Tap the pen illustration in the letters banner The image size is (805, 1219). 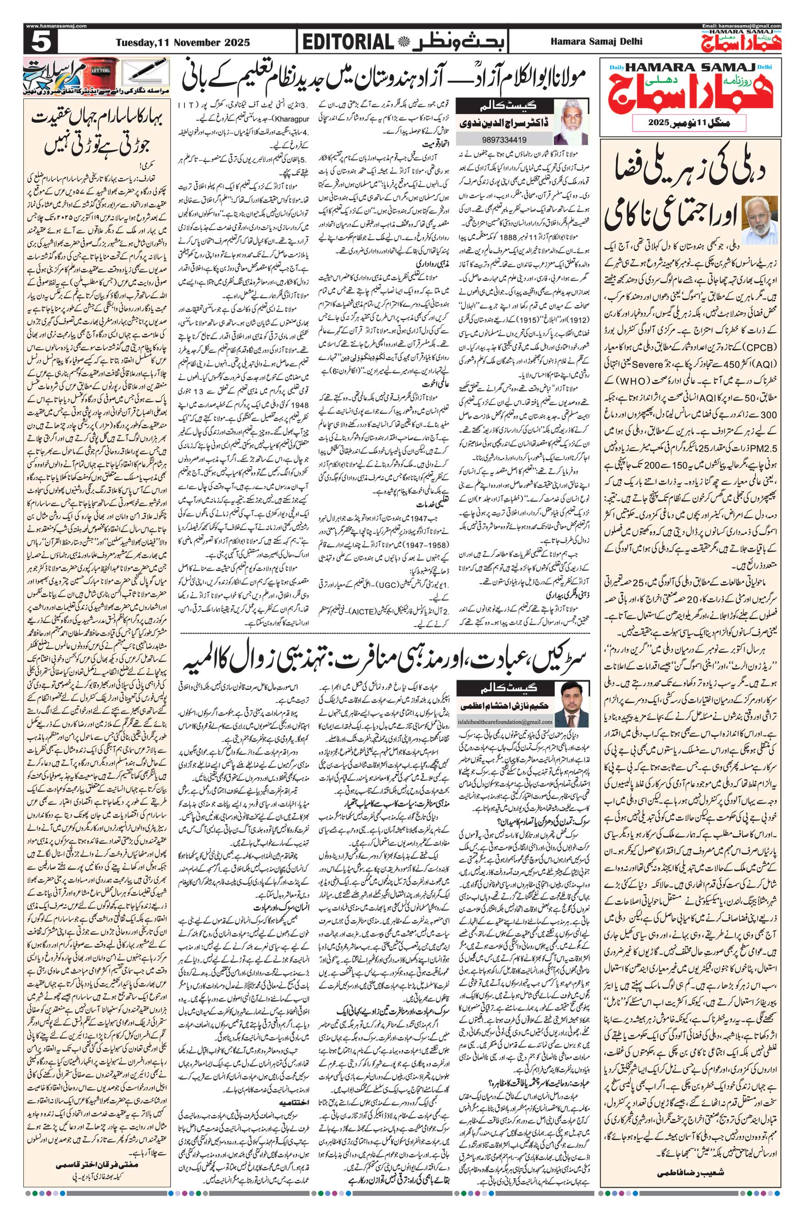point(149,72)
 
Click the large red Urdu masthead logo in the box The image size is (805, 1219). point(706,93)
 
